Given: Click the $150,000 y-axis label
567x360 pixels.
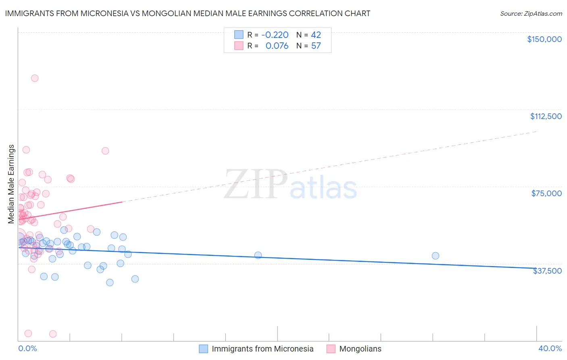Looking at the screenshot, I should pos(544,39).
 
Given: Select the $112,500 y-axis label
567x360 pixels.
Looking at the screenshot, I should pos(546,116).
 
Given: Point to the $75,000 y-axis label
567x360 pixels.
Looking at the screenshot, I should pos(546,193).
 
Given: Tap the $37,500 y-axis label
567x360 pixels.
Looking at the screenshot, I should pos(547,271).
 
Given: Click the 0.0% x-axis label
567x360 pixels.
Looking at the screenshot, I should pos(27,348).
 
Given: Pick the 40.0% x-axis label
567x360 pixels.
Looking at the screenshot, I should pos(550,348).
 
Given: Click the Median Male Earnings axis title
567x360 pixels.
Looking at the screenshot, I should pos(11,184).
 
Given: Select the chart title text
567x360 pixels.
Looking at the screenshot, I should pos(188,13).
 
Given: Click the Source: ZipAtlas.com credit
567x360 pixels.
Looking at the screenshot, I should pos(531,14).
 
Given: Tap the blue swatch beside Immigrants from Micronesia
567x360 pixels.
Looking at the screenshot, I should pos(204,349).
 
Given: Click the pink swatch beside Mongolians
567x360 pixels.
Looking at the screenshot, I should pos(331,349).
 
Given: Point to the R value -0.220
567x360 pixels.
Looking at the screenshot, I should pos(275,35).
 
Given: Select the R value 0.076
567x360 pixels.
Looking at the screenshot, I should pos(277,46).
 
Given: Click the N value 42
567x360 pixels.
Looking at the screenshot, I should pos(316,35).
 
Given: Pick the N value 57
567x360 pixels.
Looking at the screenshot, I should pos(316,46).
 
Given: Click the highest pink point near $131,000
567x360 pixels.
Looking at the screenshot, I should pos(35,78).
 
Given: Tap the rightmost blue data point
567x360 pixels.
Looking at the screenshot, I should pos(436,255).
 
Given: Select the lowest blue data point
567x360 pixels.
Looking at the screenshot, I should pos(110,283).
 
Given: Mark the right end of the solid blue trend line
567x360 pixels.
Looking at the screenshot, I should pos(536,268).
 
